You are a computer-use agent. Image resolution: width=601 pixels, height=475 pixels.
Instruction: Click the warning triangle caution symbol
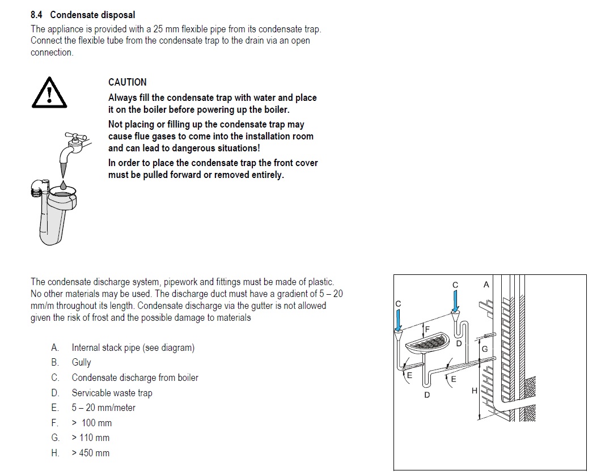[50, 93]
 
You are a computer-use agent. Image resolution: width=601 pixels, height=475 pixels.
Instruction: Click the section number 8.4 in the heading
[37, 15]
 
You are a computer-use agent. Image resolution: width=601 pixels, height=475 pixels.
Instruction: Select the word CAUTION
[128, 82]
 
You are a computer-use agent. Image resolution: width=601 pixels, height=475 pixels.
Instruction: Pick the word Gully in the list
[81, 362]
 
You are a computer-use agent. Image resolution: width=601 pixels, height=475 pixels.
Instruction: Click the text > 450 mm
[91, 453]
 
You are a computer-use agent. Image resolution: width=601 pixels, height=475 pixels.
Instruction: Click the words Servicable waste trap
[112, 393]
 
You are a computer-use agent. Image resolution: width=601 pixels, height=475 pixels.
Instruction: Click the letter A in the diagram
[486, 285]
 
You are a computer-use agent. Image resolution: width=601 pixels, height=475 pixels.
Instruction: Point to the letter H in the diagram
[474, 391]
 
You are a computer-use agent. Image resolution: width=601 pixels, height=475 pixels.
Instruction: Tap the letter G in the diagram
[484, 349]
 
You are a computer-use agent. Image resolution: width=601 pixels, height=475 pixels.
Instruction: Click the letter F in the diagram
[428, 328]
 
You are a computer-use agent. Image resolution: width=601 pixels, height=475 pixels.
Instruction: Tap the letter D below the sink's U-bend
[427, 395]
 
